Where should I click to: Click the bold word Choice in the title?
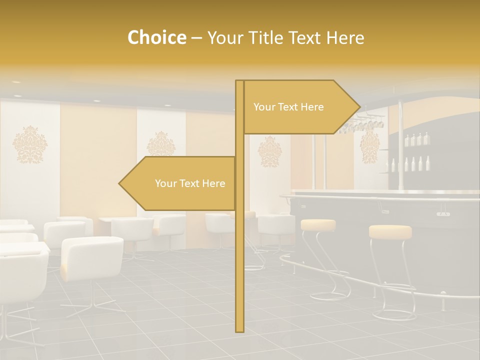pyautogui.click(x=156, y=38)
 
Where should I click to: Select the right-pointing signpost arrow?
pyautogui.click(x=300, y=107)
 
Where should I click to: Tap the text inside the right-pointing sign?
pyautogui.click(x=288, y=107)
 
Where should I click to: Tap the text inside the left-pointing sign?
pyautogui.click(x=190, y=183)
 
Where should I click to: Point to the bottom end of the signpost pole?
pyautogui.click(x=239, y=329)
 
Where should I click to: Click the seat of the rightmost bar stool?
pyautogui.click(x=390, y=231)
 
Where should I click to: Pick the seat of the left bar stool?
pyautogui.click(x=318, y=224)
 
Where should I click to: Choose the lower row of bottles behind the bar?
pyautogui.click(x=410, y=164)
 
